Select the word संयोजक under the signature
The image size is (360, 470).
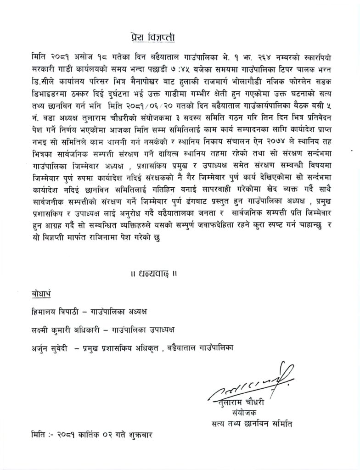tap(243, 413)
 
